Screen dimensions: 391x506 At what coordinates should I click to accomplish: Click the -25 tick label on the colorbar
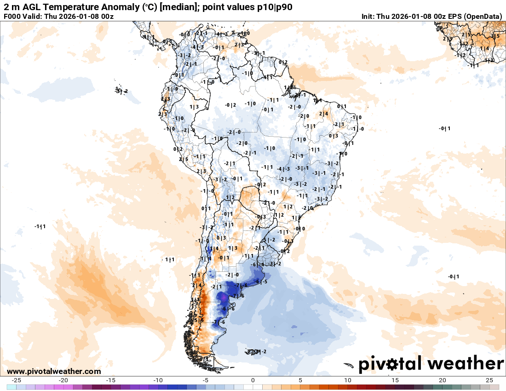(17, 380)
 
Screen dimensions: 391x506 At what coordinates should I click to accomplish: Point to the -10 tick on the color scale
(158, 380)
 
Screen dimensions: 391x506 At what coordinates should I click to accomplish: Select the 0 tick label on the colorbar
(253, 380)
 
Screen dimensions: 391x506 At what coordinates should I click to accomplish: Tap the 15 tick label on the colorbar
(395, 380)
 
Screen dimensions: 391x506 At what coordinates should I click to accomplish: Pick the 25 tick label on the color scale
(489, 380)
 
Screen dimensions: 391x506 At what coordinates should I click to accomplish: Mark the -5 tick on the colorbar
(205, 380)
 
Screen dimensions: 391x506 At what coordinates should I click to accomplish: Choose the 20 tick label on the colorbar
(442, 380)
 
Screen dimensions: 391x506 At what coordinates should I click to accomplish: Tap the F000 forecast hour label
(12, 17)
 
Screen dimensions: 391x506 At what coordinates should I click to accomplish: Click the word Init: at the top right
(368, 17)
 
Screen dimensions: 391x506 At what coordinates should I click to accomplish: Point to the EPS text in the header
(454, 17)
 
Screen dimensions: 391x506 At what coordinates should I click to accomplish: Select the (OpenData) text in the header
(483, 17)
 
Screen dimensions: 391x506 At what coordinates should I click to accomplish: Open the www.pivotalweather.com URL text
(54, 371)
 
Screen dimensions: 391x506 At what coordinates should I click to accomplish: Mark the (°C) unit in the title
(150, 7)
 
